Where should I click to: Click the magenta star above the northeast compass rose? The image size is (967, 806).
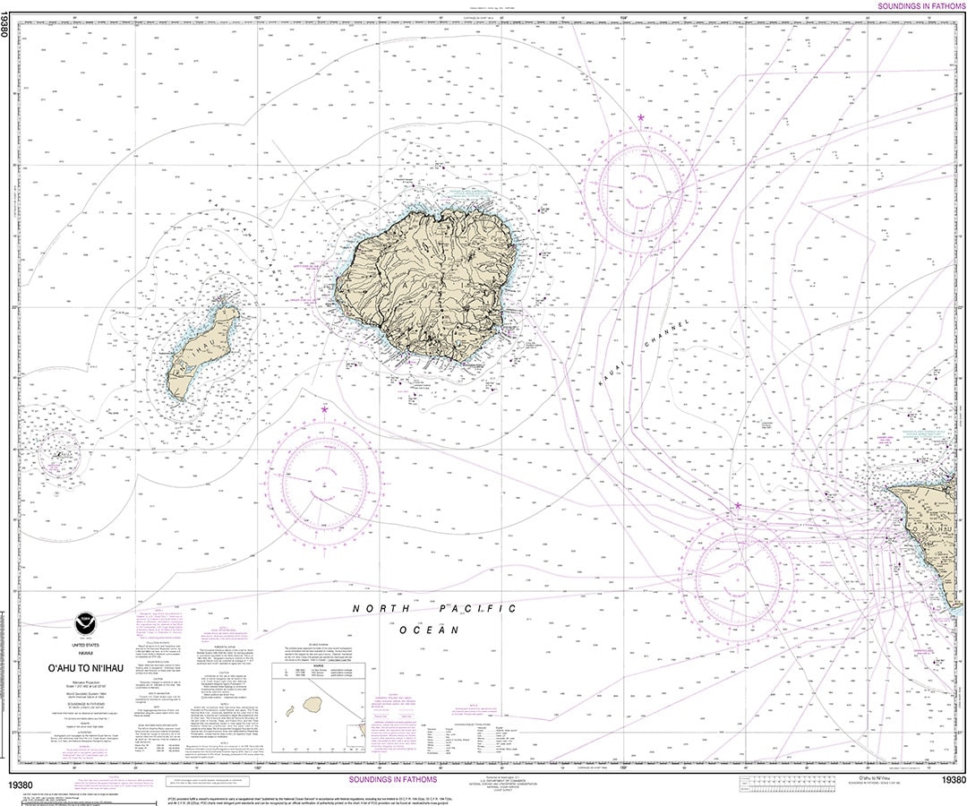click(x=640, y=117)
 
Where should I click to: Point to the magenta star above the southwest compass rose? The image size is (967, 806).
click(x=324, y=410)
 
